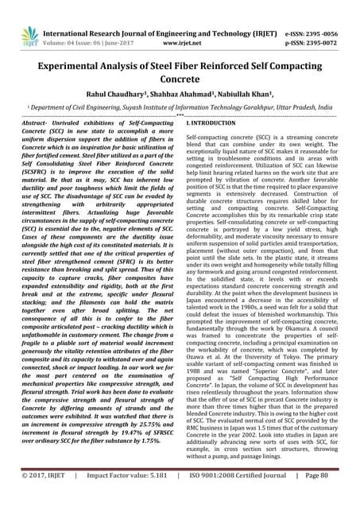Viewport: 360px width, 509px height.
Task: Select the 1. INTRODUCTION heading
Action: pos(211,126)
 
